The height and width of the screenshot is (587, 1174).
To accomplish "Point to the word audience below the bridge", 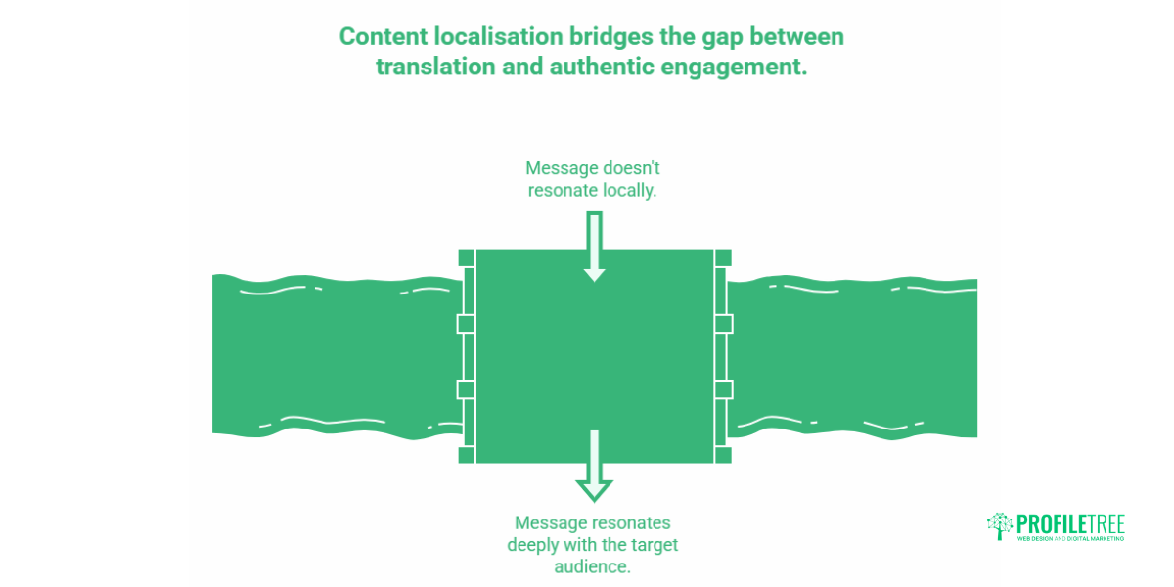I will tap(594, 566).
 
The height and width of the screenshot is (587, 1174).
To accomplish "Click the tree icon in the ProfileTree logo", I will tap(1000, 525).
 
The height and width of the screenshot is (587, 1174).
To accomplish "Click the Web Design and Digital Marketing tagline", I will tap(1070, 539).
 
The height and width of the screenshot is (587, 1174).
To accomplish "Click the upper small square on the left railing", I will tap(466, 324).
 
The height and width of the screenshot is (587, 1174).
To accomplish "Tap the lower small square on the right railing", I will tap(723, 388).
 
